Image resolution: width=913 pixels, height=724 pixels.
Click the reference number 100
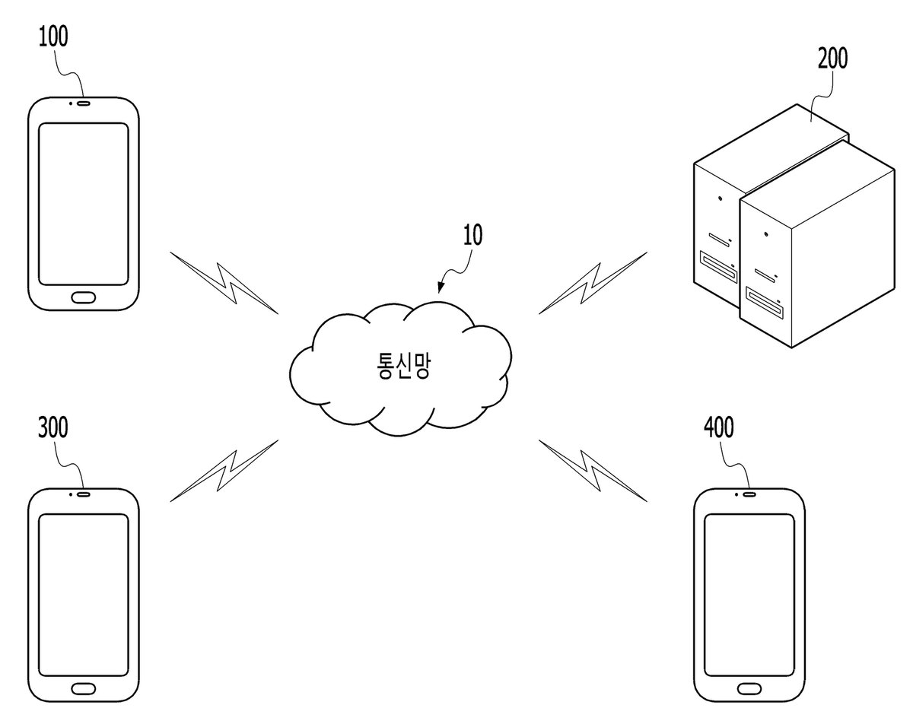[x=53, y=37]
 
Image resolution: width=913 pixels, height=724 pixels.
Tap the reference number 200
[x=833, y=59]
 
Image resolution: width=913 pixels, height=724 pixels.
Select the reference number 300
[x=53, y=427]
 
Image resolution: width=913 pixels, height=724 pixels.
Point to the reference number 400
[x=719, y=427]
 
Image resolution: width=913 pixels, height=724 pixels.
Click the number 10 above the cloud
[x=472, y=235]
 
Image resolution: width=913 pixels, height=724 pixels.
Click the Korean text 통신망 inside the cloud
[x=403, y=366]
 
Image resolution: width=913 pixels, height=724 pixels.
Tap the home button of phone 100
[x=84, y=297]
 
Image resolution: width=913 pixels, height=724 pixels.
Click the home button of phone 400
[x=749, y=689]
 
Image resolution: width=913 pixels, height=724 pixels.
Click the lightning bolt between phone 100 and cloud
[x=224, y=283]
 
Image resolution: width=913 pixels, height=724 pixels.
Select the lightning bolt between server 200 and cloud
[x=593, y=283]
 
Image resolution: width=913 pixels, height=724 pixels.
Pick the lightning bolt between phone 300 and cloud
[x=224, y=471]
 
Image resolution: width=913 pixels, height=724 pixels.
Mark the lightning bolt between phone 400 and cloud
[x=593, y=471]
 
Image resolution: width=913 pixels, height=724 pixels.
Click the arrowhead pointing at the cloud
[x=441, y=287]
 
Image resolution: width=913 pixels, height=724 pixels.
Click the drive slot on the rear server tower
[x=719, y=266]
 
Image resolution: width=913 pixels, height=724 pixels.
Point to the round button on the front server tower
[x=766, y=233]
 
